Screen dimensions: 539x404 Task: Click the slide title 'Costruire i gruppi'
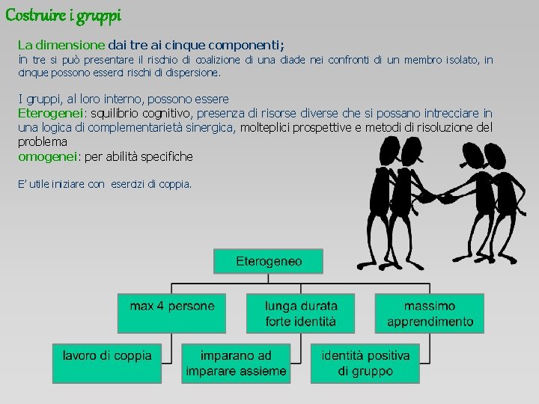click(x=64, y=14)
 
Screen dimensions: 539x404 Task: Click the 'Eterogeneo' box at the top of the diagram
click(x=269, y=261)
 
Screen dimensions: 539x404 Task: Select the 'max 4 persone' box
click(x=172, y=313)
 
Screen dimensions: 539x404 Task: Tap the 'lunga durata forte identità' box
click(x=301, y=313)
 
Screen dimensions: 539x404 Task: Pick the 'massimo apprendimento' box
click(x=430, y=313)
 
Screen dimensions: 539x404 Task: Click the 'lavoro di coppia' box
click(x=107, y=362)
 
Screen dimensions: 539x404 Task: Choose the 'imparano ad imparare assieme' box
click(x=236, y=362)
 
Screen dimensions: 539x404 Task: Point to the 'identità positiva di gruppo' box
click(x=365, y=362)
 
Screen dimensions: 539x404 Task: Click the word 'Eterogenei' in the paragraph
click(x=50, y=113)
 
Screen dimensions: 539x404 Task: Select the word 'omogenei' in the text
click(x=46, y=156)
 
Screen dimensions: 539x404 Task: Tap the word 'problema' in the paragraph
click(x=43, y=141)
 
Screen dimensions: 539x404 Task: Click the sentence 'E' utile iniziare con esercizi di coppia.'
click(x=105, y=183)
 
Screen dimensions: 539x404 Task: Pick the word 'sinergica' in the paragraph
click(x=210, y=127)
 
